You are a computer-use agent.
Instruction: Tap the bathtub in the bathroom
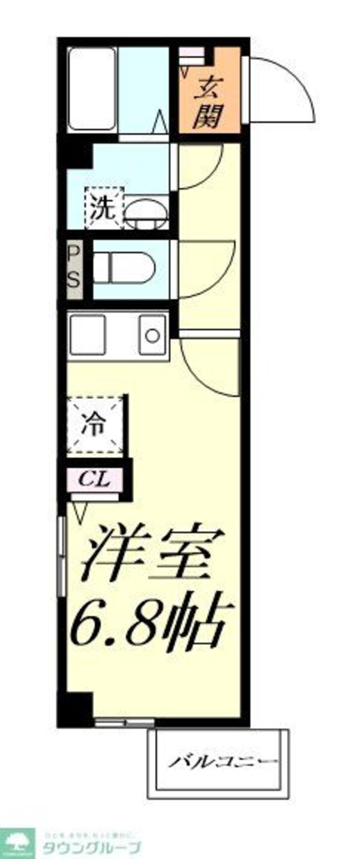[x=91, y=89]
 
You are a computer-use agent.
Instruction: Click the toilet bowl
[x=124, y=268]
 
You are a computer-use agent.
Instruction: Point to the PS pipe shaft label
[x=74, y=269]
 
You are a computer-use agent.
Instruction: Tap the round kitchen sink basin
[x=152, y=335]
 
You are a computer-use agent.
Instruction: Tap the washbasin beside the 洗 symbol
[x=146, y=214]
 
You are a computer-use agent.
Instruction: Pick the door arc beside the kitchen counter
[x=207, y=366]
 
